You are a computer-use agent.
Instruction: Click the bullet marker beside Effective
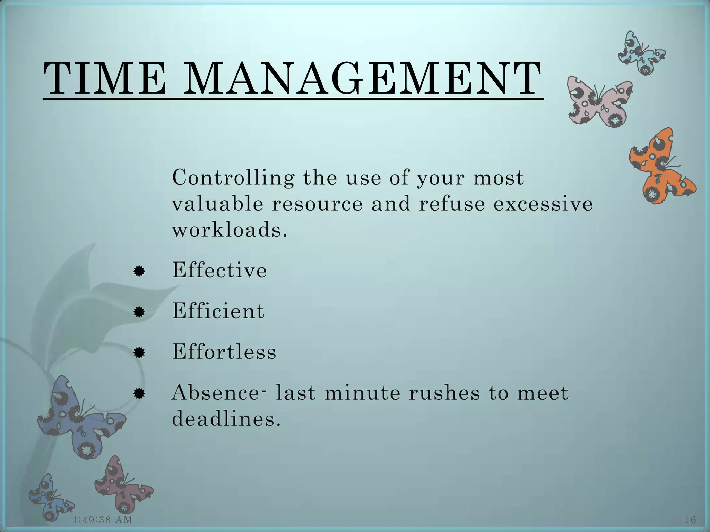tap(139, 271)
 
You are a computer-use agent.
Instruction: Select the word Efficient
tap(218, 311)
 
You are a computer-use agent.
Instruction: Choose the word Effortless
tap(224, 352)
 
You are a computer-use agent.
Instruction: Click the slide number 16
tap(690, 520)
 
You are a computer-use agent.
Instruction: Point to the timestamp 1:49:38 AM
tap(103, 519)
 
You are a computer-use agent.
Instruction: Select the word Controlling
tap(233, 178)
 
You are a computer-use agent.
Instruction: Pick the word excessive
tap(543, 204)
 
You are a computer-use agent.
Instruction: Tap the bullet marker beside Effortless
tap(139, 353)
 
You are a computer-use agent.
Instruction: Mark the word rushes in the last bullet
tap(444, 393)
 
